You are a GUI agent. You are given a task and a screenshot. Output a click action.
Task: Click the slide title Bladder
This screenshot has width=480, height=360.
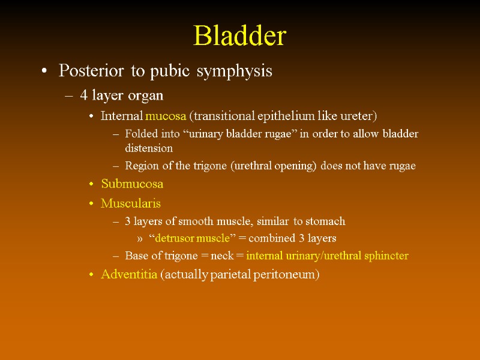coord(239,37)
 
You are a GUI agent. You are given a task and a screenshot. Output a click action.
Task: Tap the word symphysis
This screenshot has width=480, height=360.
coord(236,71)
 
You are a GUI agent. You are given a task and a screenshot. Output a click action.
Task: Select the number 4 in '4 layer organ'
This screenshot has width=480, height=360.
coord(83,95)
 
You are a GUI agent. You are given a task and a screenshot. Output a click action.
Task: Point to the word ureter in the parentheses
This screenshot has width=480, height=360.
coord(358,116)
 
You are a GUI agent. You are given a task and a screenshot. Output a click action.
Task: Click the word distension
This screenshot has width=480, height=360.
coord(149,148)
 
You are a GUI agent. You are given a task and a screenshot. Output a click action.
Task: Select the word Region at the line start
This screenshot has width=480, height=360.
coord(140,166)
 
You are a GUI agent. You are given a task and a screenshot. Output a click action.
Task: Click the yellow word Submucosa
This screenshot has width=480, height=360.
coord(132,184)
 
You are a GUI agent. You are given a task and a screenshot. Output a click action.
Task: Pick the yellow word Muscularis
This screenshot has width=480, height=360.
coord(131,203)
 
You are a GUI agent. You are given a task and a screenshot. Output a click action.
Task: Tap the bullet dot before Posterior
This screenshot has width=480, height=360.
coord(44,72)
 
